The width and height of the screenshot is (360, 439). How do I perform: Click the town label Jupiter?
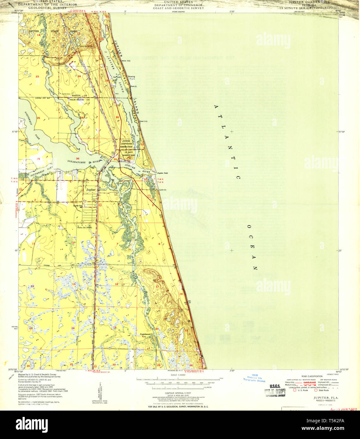91,190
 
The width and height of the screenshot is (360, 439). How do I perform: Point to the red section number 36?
77,159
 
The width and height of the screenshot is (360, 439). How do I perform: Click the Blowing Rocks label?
131,77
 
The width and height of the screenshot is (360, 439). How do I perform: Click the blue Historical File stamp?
254,378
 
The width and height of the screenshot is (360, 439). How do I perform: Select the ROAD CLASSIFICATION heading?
312,376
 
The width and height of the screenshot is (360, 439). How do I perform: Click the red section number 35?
39,159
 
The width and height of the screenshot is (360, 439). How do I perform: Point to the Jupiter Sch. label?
78,206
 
